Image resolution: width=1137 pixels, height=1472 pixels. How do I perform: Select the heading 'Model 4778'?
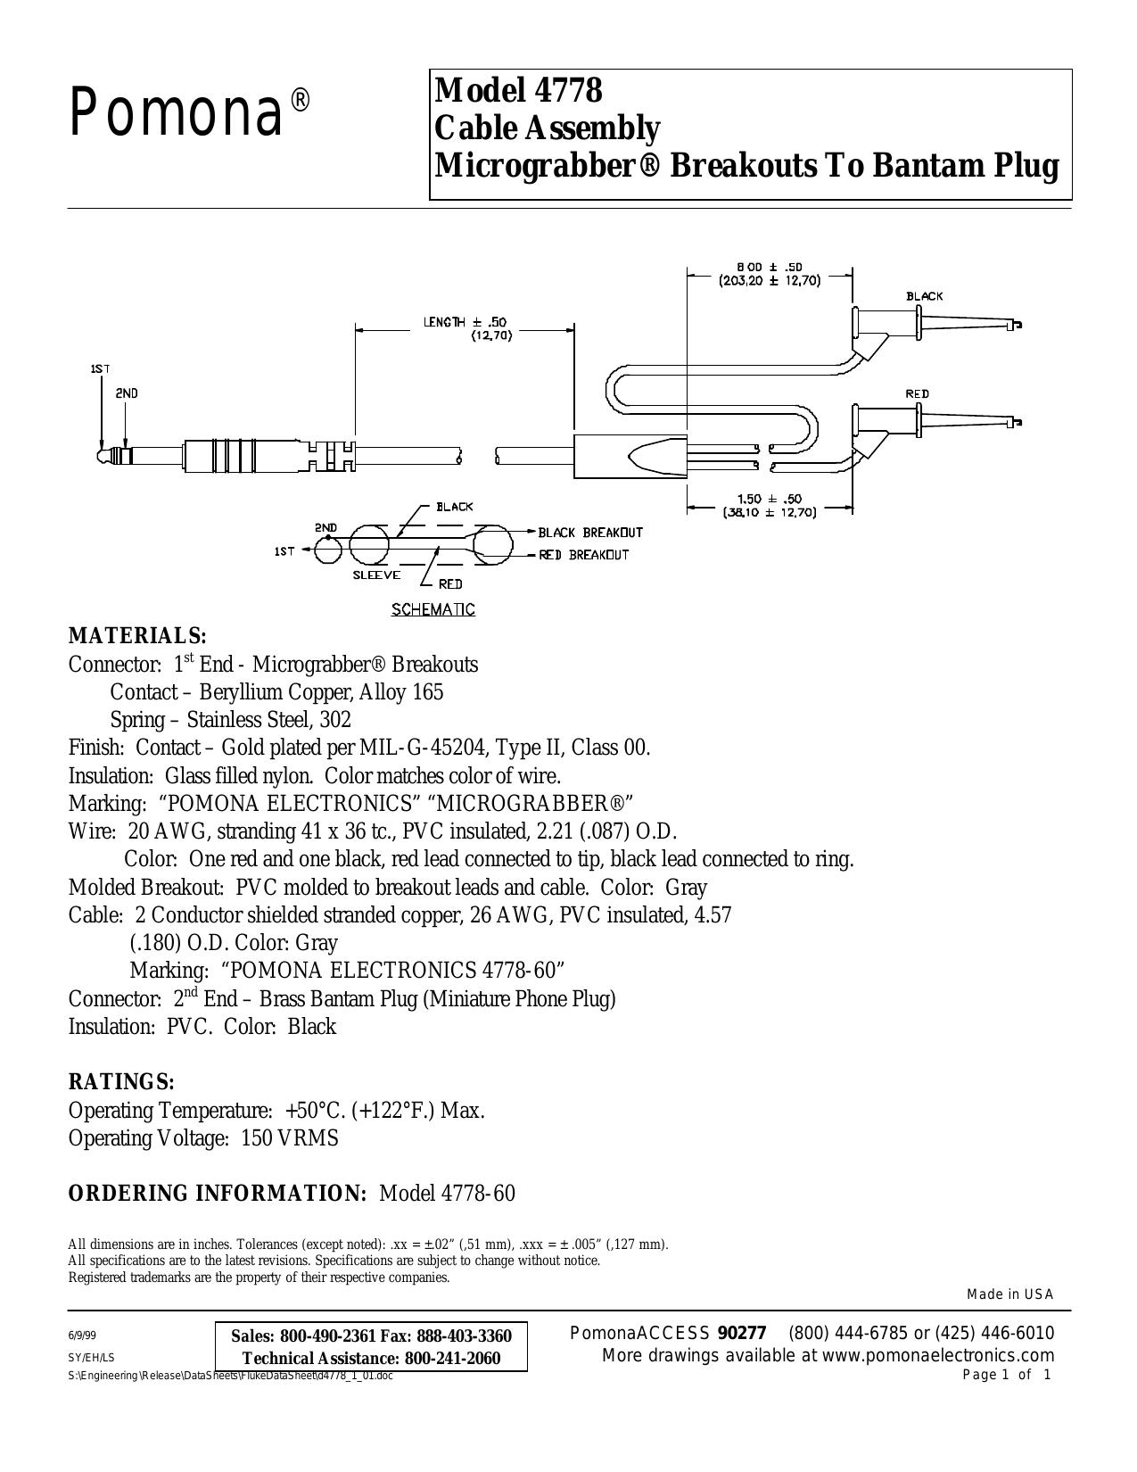tap(518, 90)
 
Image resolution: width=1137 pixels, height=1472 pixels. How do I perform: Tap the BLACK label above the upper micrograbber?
tap(925, 296)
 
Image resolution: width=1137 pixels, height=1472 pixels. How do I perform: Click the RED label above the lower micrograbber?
tap(918, 393)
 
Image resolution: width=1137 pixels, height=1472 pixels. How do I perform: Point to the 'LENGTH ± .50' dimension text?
tap(466, 322)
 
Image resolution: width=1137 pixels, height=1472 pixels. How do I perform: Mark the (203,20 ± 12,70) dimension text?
tap(770, 280)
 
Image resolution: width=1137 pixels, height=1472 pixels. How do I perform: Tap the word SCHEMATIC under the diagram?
tap(433, 609)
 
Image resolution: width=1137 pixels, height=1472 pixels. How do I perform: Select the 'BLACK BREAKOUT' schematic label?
tap(589, 533)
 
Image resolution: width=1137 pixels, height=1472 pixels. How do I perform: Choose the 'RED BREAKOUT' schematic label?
tap(584, 555)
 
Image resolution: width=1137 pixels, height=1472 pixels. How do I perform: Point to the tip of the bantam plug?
tap(99, 454)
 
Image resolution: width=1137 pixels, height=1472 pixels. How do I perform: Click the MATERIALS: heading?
tap(137, 636)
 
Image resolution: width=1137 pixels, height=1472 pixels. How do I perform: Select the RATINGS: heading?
tap(122, 1082)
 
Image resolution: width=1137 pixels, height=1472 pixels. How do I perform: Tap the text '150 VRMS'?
tap(290, 1138)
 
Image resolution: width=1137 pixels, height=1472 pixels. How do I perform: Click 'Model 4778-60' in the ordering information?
tap(447, 1193)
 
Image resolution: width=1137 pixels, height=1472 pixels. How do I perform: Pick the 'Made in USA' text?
tap(1010, 1294)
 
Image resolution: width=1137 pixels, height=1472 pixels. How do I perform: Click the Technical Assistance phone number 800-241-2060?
tap(452, 1358)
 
